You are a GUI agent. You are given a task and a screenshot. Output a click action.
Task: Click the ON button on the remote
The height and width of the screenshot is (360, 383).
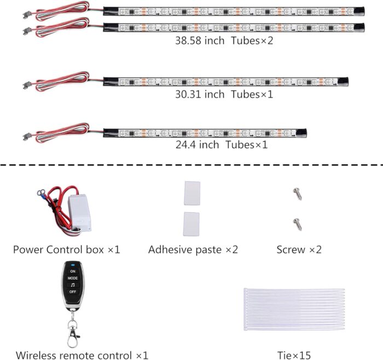coord(73,271)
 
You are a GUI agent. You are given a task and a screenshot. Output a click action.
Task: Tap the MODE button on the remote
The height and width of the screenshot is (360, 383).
coord(73,278)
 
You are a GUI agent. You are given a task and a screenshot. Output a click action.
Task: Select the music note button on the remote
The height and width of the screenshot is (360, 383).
coord(73,285)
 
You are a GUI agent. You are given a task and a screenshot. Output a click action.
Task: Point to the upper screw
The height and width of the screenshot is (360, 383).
coord(298,194)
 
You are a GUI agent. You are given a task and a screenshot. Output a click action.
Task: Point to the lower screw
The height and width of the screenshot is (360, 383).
coord(298,224)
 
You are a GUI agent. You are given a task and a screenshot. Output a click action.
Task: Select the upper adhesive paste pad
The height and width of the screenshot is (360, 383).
coord(192,193)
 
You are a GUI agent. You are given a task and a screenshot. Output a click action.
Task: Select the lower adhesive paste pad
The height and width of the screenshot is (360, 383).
coord(191,224)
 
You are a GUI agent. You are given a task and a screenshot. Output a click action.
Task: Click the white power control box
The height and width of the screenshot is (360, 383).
coord(79,212)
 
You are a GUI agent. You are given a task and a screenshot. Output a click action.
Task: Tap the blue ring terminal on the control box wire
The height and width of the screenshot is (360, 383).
coord(40,194)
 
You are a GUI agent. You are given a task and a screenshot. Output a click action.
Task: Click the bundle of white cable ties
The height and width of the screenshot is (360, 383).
coord(294,310)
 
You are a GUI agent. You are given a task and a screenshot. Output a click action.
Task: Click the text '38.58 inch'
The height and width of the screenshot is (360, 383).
coord(200,40)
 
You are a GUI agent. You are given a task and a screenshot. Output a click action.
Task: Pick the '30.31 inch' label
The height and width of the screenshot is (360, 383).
coord(200,94)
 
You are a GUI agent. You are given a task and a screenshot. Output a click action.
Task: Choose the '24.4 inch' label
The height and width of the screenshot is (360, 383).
coord(197,145)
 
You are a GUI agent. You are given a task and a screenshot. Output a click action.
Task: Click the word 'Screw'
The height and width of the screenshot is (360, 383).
coord(291,249)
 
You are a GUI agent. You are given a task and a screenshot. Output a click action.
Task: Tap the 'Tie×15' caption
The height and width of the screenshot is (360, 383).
coord(294,356)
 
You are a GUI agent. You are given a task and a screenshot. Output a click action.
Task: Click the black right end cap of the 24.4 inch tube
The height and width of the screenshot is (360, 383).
coord(301,133)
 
